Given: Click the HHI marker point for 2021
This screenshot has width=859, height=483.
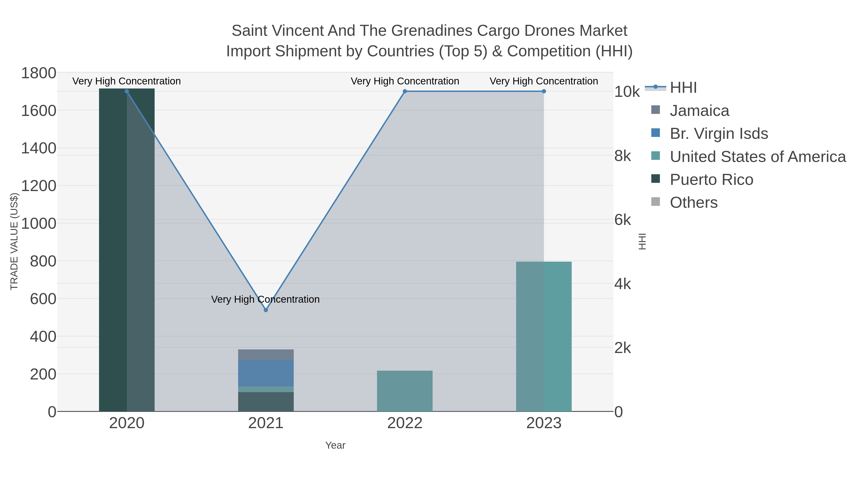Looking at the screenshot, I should tap(266, 310).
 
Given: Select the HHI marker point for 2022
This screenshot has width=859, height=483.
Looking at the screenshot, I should tap(405, 91).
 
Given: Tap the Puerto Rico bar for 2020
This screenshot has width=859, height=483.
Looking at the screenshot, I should tap(127, 250).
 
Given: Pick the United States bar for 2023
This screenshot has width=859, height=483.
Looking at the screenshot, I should tap(544, 337).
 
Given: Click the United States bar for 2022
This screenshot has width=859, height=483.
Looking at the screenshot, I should tap(405, 391).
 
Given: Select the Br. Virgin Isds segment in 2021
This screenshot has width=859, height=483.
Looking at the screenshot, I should tap(266, 373).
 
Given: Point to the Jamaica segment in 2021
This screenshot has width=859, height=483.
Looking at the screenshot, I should tap(266, 355).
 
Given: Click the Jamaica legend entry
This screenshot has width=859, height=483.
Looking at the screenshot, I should tap(699, 111).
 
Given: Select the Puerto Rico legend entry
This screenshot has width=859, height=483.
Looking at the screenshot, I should tap(711, 180).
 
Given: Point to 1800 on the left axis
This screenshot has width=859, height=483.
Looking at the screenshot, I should tap(39, 73).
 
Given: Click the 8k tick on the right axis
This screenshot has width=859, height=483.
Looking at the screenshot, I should tap(623, 156).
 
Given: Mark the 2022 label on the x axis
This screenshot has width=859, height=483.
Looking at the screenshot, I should tap(405, 423).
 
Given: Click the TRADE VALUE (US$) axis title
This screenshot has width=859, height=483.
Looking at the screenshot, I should tap(14, 241).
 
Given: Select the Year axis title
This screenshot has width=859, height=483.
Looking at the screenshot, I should tap(335, 445).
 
